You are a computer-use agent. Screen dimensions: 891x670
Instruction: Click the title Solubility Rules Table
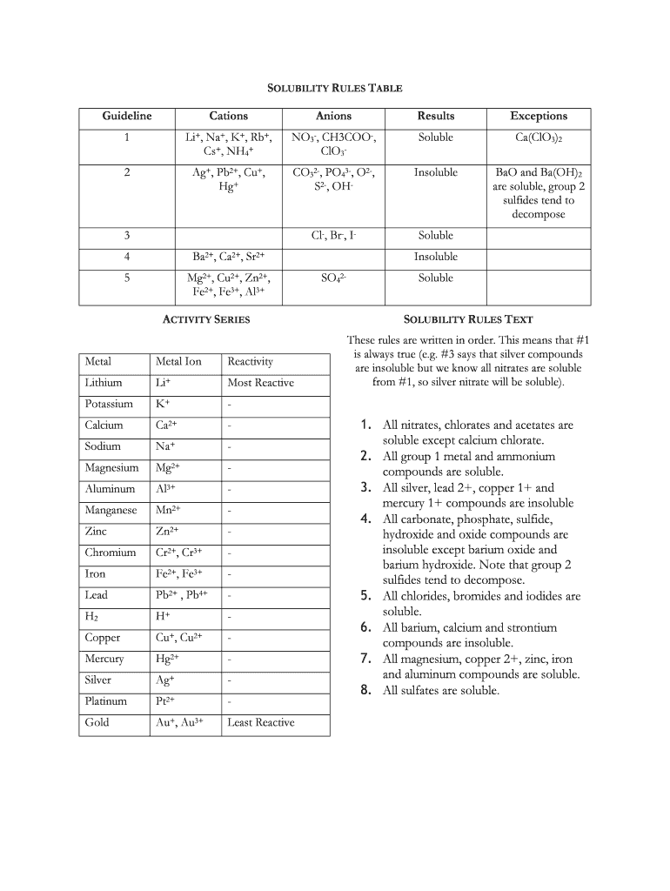tap(334, 88)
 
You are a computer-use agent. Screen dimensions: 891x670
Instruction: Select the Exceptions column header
tap(538, 116)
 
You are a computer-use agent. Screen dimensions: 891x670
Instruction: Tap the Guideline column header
tap(127, 116)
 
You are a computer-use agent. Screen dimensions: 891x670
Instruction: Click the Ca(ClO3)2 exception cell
tap(538, 138)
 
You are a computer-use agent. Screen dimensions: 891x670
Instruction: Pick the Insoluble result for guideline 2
tap(435, 172)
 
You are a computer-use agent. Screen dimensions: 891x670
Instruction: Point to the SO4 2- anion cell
tap(334, 278)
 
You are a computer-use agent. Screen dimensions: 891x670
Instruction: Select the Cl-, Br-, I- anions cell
tap(334, 236)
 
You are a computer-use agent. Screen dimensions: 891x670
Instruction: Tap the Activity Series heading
tap(207, 319)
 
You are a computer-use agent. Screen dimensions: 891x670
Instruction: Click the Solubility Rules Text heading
tap(468, 319)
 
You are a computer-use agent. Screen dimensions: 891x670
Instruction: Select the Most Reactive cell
tap(260, 383)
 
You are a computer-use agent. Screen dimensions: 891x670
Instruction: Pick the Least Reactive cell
tap(260, 722)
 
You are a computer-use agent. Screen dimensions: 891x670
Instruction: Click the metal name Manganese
tap(111, 510)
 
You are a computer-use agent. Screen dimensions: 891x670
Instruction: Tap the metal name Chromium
tap(111, 553)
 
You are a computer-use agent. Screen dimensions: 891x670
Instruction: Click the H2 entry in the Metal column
tap(93, 616)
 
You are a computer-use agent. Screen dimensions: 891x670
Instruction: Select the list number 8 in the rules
tap(366, 690)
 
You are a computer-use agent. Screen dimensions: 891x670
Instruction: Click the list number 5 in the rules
tap(366, 596)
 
